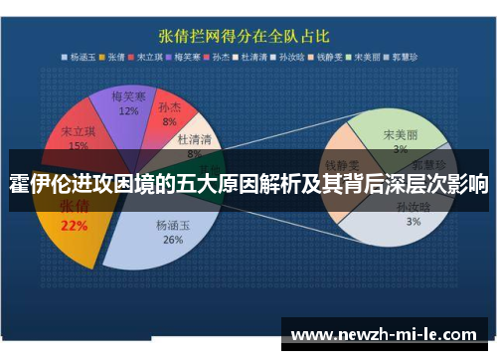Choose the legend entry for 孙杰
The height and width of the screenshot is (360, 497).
click(x=224, y=57)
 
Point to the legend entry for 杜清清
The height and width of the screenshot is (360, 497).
click(x=255, y=57)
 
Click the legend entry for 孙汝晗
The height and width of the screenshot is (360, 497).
click(x=291, y=57)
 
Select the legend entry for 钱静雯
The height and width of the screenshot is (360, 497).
click(x=327, y=57)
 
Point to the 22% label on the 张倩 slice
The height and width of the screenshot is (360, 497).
click(x=74, y=225)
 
